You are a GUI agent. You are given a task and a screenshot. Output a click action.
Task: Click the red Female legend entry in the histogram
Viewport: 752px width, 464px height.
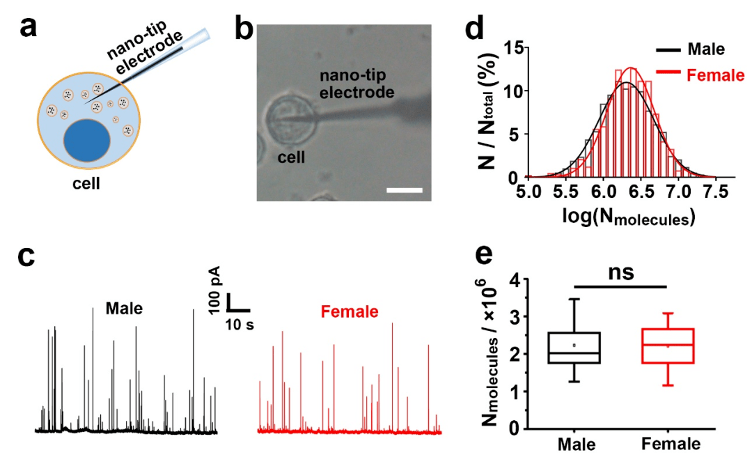(714, 75)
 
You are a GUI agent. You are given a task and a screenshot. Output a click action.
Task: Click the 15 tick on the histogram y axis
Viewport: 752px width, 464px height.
(514, 47)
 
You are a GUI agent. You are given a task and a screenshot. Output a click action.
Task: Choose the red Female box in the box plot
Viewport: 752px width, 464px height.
(668, 346)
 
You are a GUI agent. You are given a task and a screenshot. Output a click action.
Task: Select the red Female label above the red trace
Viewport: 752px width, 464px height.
(350, 311)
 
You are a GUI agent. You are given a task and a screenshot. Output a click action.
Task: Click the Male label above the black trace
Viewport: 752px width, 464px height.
(125, 307)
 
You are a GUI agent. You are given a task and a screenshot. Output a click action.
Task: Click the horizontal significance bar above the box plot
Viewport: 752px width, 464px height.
(621, 286)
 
